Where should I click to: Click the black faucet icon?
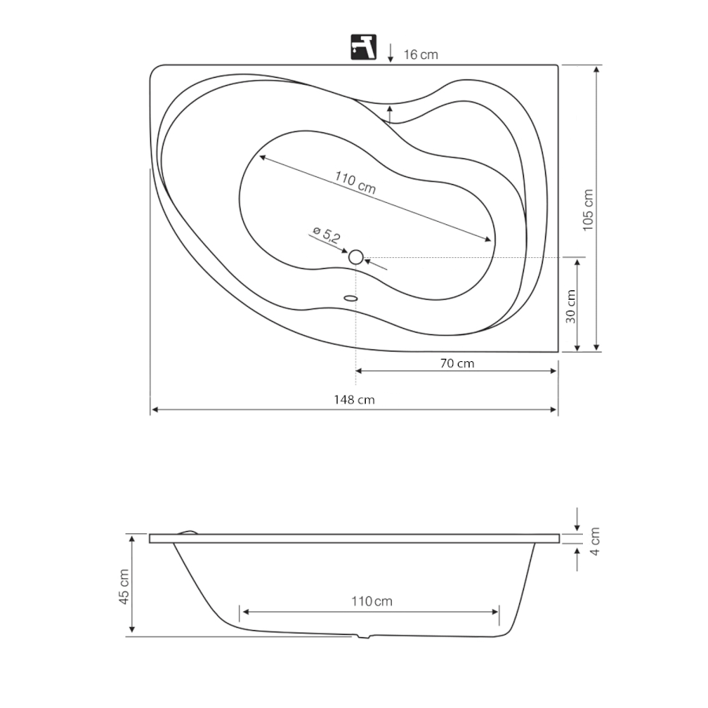coord(363,47)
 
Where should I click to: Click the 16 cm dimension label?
coord(420,54)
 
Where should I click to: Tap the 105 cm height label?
coord(588,210)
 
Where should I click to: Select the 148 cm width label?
coord(354,400)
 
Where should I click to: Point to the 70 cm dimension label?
coord(457,363)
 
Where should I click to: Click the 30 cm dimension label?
coord(571,306)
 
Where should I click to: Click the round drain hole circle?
coord(356,257)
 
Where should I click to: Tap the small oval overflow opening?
coord(351,298)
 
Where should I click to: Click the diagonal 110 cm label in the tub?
coord(355,182)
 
